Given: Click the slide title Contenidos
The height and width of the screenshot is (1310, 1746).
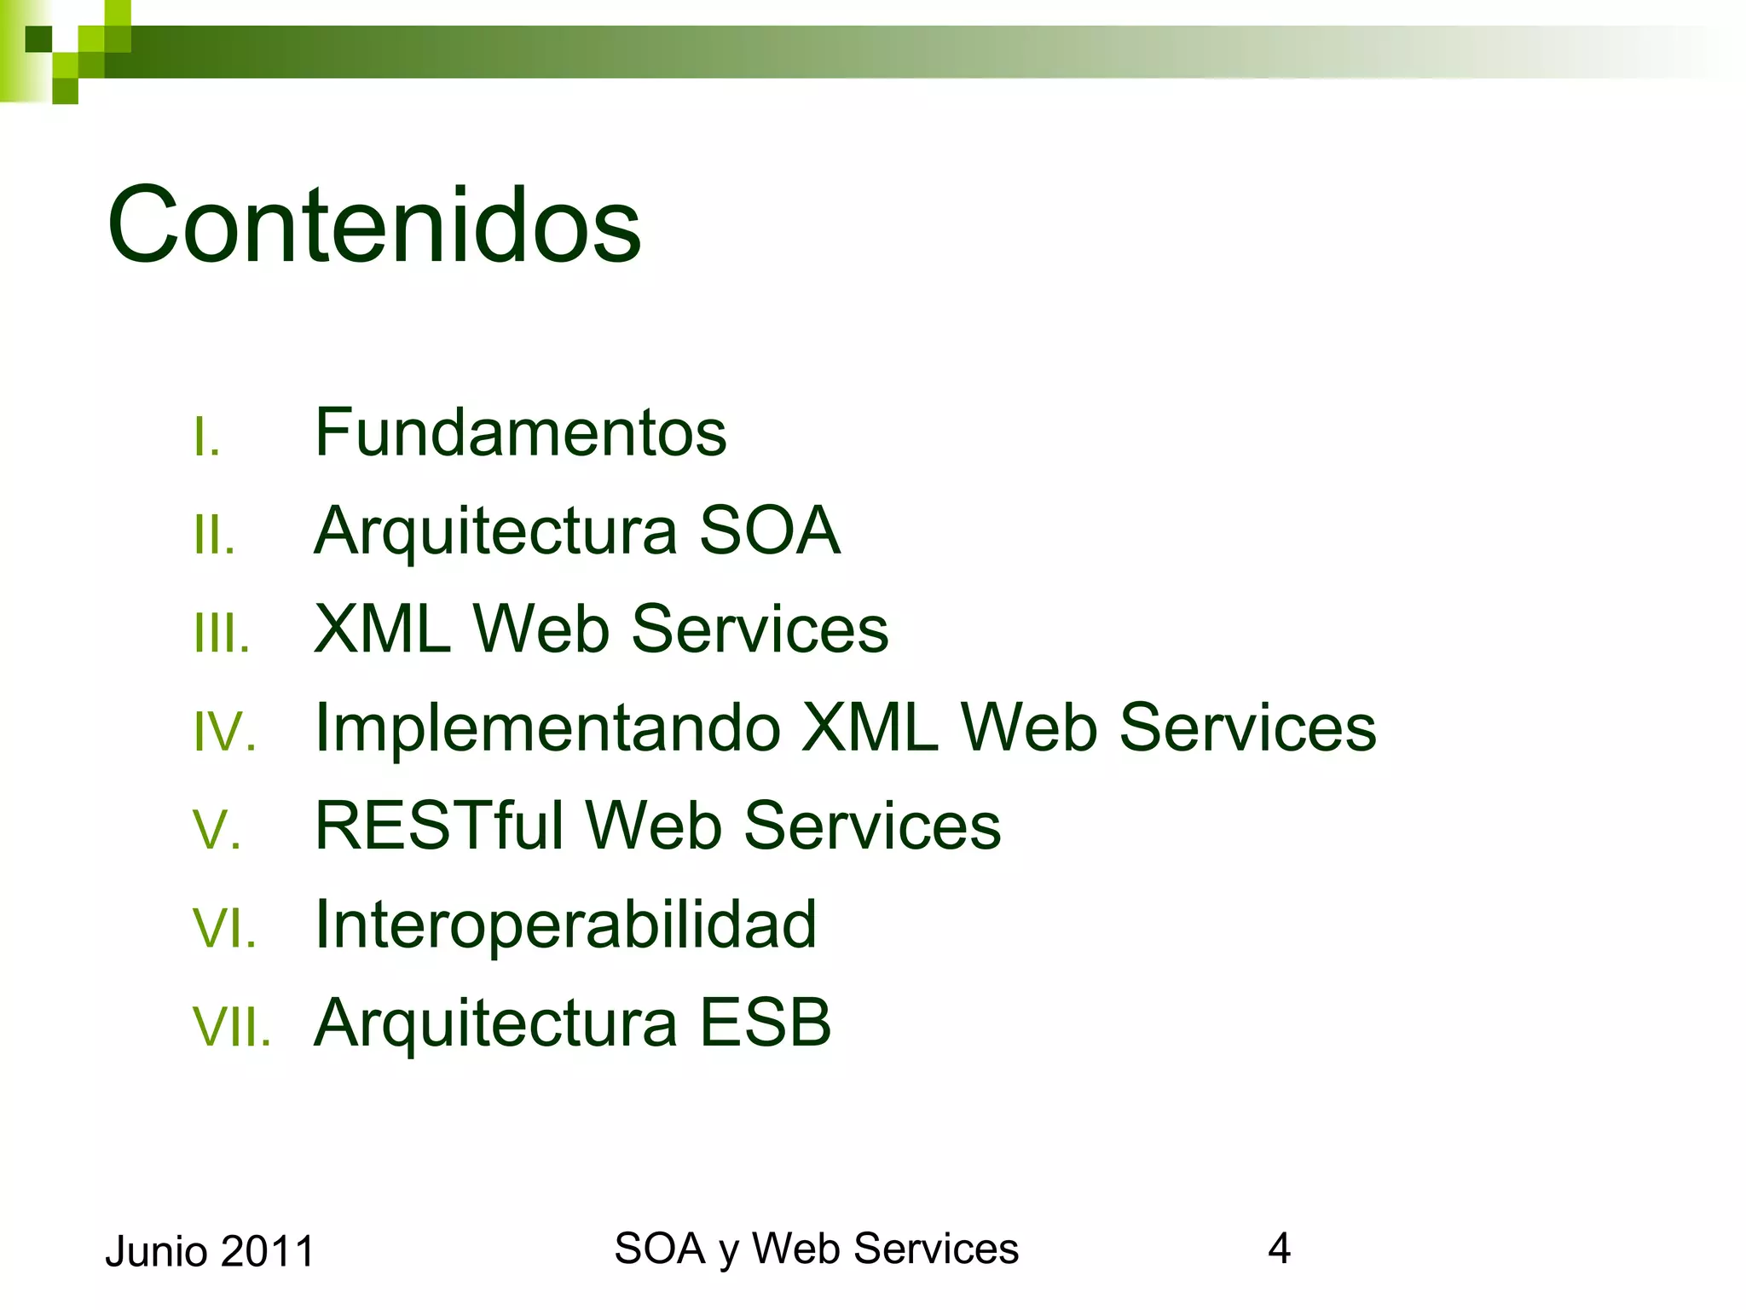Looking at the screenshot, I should (x=373, y=225).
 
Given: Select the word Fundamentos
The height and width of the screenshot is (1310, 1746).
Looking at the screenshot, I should (x=520, y=433).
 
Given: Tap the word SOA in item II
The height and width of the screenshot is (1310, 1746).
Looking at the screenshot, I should (x=769, y=530).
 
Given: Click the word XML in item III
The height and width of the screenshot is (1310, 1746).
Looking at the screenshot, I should (x=382, y=629).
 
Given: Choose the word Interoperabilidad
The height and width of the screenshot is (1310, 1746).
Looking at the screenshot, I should (x=565, y=925).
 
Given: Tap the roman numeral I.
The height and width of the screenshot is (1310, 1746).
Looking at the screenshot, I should (x=205, y=438).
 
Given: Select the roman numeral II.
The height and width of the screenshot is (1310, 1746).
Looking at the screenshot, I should (x=213, y=536).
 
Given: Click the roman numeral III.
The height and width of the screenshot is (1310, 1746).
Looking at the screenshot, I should (x=221, y=635).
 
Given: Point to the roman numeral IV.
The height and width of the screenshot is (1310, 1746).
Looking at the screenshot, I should (x=224, y=733).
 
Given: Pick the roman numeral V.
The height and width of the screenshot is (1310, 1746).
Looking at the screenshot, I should (x=217, y=831).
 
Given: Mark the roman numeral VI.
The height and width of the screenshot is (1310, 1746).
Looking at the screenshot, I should (x=224, y=929).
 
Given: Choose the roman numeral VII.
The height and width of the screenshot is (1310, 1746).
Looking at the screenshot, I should (x=231, y=1027).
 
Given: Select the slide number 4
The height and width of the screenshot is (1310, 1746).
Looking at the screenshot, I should (x=1279, y=1249).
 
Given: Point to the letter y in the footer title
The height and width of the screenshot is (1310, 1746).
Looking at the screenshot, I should (x=729, y=1252).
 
